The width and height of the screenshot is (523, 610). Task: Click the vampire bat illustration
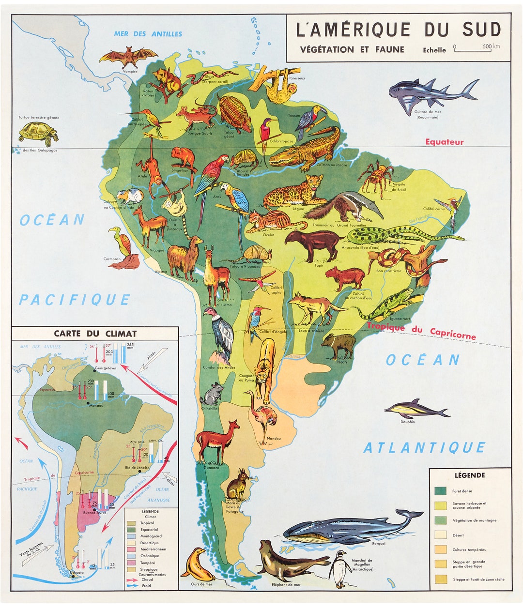(128, 57)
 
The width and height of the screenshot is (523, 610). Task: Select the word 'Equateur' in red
(444, 142)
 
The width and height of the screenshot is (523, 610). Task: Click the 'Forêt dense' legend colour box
(441, 491)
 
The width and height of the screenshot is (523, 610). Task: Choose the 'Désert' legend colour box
(441, 535)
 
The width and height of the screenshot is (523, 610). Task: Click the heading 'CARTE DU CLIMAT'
(95, 334)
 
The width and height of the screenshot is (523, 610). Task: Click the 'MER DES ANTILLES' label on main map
(148, 34)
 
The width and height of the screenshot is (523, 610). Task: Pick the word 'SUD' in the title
(480, 30)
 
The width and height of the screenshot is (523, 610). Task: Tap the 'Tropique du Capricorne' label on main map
(421, 331)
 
